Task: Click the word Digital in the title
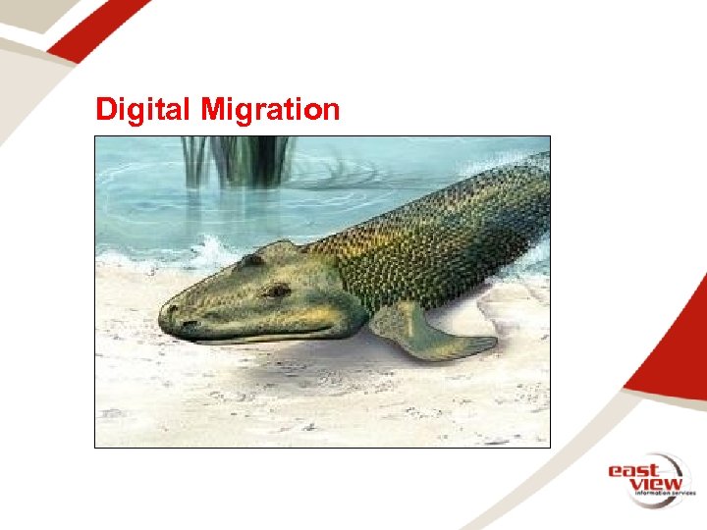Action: pos(143,110)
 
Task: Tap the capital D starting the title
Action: pos(104,110)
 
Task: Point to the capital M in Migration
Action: pos(211,110)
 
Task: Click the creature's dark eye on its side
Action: pos(278,291)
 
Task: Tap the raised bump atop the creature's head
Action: pos(253,260)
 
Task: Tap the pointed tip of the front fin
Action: pos(493,343)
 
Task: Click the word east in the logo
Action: pos(632,471)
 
